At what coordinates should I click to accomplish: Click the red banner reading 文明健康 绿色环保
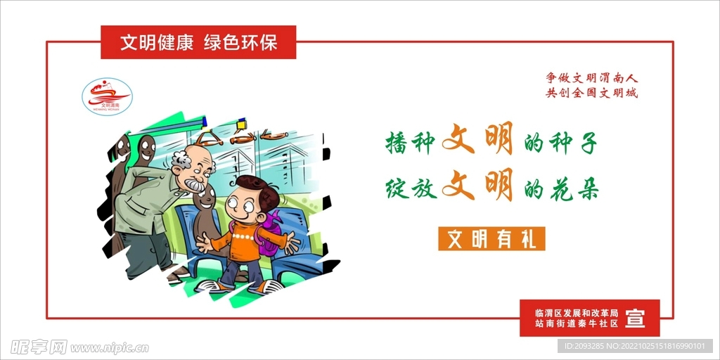(198, 42)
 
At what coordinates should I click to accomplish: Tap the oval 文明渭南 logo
(107, 96)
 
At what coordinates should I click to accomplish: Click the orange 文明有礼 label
(491, 239)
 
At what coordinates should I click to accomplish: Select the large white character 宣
(635, 318)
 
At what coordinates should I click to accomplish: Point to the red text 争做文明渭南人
(592, 78)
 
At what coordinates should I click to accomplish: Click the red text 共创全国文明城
(592, 93)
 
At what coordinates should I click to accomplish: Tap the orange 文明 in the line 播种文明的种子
(477, 140)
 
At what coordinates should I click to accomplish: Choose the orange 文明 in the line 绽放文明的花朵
(477, 186)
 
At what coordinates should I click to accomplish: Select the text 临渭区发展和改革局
(576, 312)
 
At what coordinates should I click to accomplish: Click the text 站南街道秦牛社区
(576, 324)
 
